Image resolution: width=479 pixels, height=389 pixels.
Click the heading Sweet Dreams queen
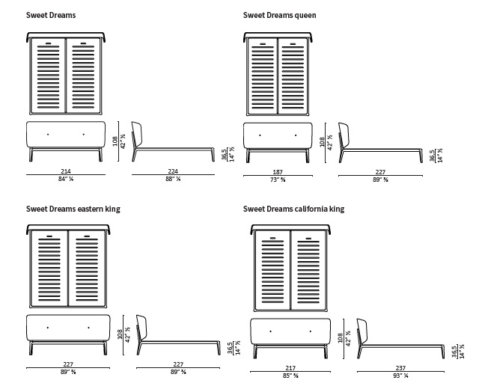279,14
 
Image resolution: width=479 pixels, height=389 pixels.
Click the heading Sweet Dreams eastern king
73,209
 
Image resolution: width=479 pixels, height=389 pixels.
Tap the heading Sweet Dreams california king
293,209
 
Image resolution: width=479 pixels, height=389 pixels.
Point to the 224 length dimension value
172,172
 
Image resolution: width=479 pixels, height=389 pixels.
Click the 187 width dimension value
278,172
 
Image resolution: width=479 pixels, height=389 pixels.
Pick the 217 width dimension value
291,367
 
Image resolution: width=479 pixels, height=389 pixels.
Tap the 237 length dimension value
402,367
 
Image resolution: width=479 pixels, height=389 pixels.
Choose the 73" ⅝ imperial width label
278,180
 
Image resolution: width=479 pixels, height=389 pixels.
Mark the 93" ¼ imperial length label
402,375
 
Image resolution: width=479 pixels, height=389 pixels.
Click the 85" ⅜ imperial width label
291,375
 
